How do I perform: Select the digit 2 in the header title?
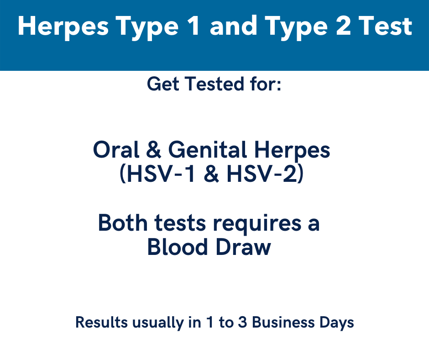343,26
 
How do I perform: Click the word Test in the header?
385,26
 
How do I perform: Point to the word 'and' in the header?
233,26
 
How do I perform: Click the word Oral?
116,149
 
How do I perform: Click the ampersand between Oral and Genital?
153,149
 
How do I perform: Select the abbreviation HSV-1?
161,174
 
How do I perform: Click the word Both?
123,223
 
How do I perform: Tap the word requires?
257,224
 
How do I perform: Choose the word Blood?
177,247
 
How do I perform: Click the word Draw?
243,247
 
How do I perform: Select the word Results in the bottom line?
101,322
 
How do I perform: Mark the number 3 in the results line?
242,322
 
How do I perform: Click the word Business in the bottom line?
283,322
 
